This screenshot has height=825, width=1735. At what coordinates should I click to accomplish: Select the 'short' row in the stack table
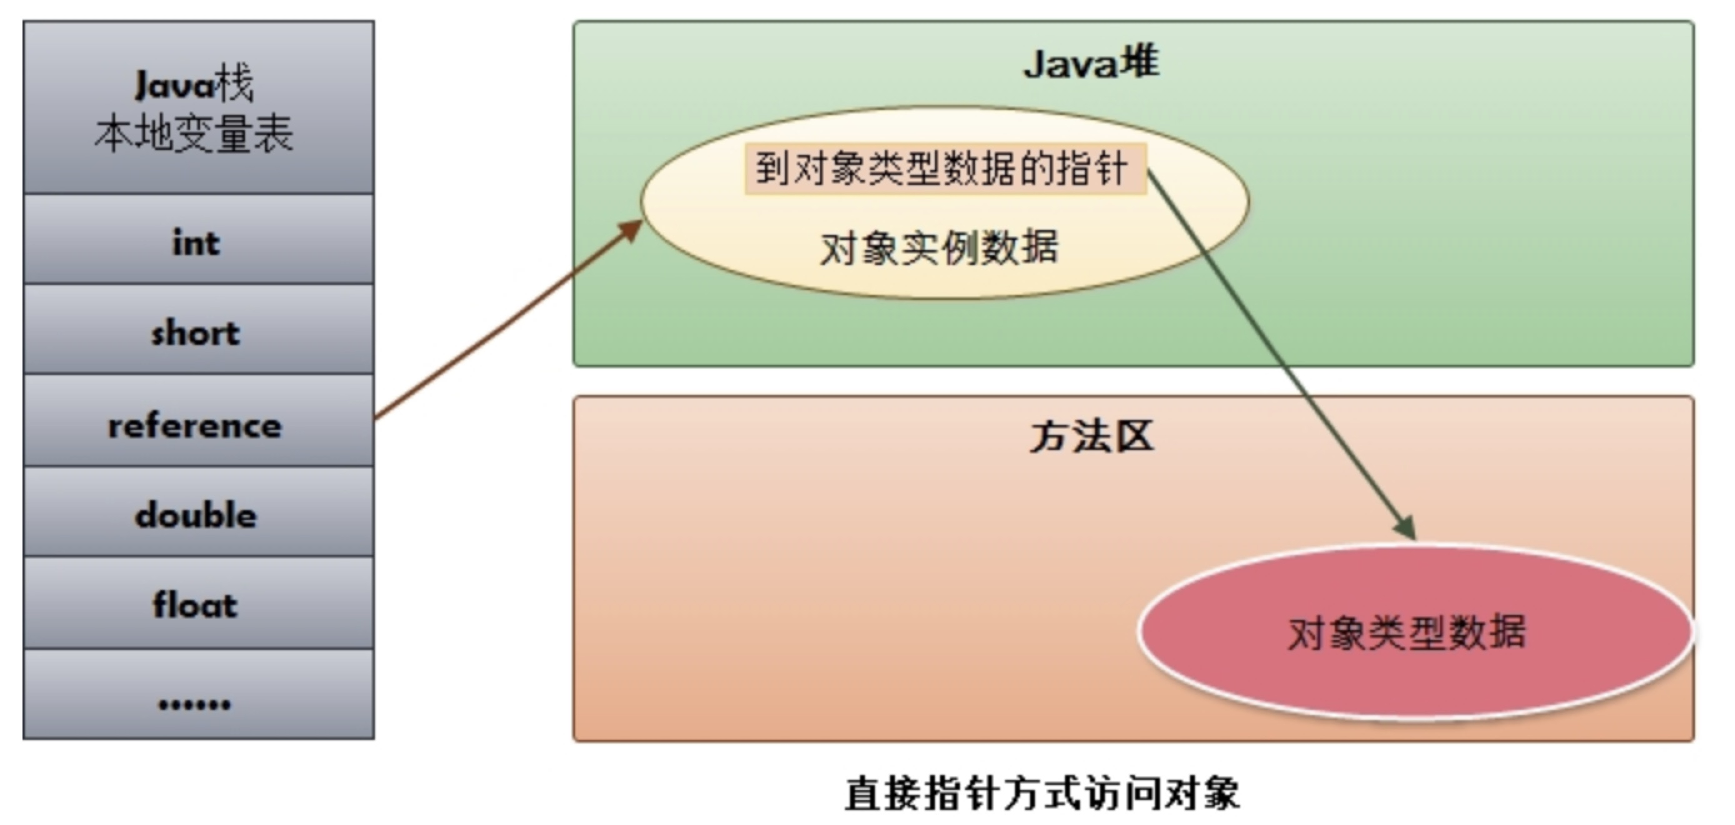(196, 332)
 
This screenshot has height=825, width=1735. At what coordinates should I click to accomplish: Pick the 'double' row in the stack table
(196, 515)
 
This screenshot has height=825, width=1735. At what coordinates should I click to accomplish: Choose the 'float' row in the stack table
(196, 605)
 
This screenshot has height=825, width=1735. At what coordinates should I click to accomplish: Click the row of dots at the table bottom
(196, 704)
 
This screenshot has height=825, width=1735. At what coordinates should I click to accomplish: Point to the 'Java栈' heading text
(194, 85)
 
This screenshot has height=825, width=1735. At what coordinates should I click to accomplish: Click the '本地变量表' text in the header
(194, 133)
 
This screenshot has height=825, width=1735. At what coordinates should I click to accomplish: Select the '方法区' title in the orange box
(1091, 436)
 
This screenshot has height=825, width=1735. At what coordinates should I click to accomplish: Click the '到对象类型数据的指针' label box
(944, 168)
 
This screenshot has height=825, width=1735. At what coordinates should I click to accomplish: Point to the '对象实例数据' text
(939, 248)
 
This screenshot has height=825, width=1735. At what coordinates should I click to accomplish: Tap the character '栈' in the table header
(234, 85)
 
